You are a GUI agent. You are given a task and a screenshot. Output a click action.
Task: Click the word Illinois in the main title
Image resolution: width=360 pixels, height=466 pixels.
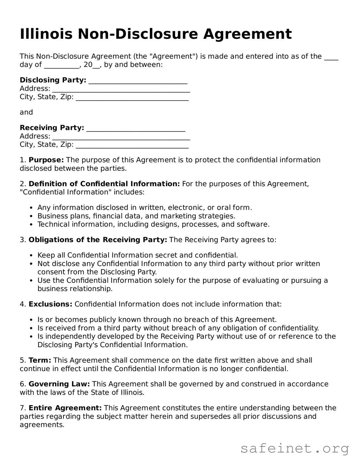46,34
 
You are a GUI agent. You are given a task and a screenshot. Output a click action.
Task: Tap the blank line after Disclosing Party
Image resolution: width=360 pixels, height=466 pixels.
138,80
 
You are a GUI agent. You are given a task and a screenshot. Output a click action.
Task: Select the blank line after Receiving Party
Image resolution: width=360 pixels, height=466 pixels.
136,128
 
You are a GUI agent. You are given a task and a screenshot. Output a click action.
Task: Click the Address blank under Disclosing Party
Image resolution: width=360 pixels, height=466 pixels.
121,89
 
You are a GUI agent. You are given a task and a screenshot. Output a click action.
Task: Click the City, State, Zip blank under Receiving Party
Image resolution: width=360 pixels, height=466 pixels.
132,145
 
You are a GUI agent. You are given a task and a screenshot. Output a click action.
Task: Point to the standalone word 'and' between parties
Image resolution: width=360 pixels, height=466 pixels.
26,112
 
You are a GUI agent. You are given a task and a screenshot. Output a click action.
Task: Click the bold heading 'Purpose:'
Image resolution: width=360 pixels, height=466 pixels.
46,160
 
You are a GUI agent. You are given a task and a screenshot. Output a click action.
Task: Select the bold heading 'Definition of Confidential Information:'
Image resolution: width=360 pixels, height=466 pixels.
104,184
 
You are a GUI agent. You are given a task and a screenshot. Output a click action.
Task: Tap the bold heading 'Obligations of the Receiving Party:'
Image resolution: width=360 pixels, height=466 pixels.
98,240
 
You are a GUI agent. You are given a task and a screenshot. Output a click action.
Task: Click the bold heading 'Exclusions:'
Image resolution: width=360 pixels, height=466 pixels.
50,304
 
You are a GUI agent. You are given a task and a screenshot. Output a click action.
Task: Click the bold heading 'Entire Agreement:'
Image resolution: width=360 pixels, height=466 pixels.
65,408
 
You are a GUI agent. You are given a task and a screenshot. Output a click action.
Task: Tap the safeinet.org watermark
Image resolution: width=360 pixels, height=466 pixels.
294,448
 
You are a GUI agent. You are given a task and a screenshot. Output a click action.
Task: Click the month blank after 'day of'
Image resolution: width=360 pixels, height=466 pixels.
61,65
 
